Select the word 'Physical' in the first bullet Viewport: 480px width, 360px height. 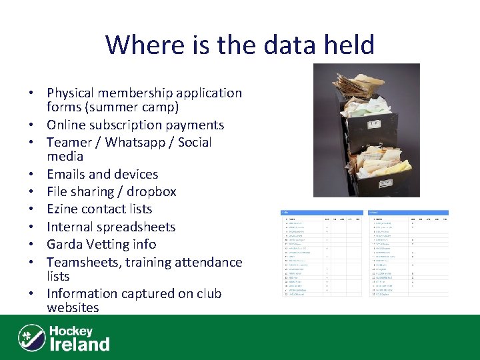click(x=73, y=93)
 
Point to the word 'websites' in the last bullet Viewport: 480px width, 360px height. click(x=73, y=308)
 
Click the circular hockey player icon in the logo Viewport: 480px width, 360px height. click(x=31, y=337)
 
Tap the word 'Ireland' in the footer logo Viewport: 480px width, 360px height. click(x=80, y=345)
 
